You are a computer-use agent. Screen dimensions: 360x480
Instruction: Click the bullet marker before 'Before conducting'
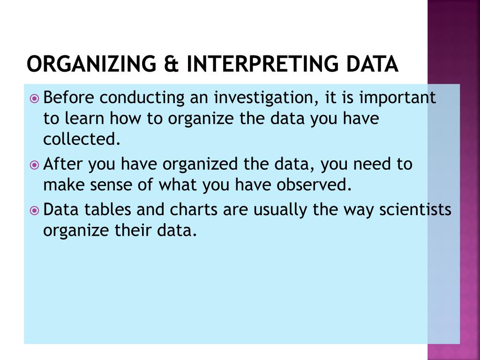(34, 98)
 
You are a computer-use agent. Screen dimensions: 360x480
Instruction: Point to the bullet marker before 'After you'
(34, 165)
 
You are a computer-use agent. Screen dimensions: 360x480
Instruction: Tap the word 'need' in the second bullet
(375, 165)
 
